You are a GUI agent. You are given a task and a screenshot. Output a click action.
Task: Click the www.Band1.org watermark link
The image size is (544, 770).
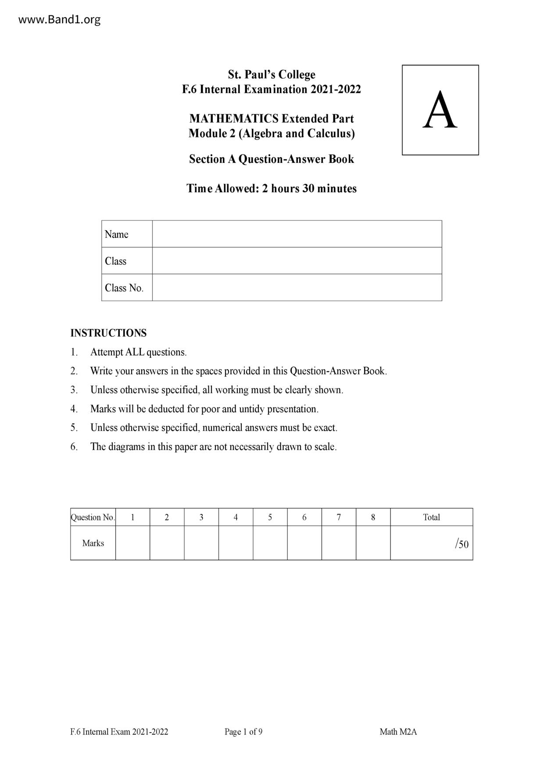[x=59, y=20]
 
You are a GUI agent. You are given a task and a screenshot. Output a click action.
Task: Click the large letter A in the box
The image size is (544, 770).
[x=440, y=110]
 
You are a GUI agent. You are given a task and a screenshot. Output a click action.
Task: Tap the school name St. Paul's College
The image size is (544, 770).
[x=271, y=75]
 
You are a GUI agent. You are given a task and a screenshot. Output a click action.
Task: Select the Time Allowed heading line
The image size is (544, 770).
[x=271, y=188]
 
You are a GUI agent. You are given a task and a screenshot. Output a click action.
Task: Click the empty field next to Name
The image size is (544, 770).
[x=297, y=234]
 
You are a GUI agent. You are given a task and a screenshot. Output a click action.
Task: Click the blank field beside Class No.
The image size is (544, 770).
[x=297, y=288]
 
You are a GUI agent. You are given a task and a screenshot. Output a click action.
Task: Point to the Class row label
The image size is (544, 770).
[x=115, y=261]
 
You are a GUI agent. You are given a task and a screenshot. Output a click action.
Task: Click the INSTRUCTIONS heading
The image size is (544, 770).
[x=108, y=333]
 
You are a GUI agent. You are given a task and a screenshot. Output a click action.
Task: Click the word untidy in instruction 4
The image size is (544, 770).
[x=252, y=409]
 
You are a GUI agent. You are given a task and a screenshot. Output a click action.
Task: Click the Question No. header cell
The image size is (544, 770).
[x=93, y=517]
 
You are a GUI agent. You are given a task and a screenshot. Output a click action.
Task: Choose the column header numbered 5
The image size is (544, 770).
[x=270, y=517]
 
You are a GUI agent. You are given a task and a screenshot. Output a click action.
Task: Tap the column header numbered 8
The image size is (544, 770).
[x=373, y=517]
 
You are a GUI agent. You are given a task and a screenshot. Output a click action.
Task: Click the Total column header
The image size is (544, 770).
[x=431, y=517]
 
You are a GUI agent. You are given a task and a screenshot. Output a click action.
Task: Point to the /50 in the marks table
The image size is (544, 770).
[x=462, y=544]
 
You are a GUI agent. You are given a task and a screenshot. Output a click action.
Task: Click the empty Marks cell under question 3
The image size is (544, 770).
[x=201, y=543]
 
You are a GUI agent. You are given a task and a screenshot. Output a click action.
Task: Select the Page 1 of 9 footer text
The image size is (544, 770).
[x=243, y=732]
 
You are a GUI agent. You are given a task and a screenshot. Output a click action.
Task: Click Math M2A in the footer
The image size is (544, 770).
[x=398, y=732]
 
